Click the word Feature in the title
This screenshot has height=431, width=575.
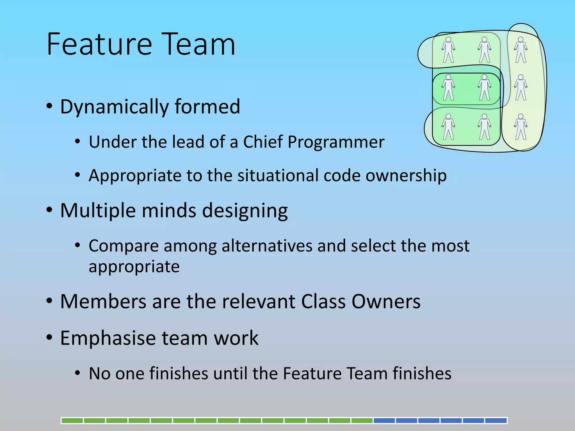point(99,44)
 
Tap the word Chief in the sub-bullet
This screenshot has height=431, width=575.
point(263,142)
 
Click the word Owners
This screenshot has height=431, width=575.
point(386,302)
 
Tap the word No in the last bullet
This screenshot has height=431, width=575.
point(99,373)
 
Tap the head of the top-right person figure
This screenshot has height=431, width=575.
point(521,40)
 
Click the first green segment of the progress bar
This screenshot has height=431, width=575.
point(72,420)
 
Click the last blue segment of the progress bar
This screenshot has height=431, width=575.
point(496,420)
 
